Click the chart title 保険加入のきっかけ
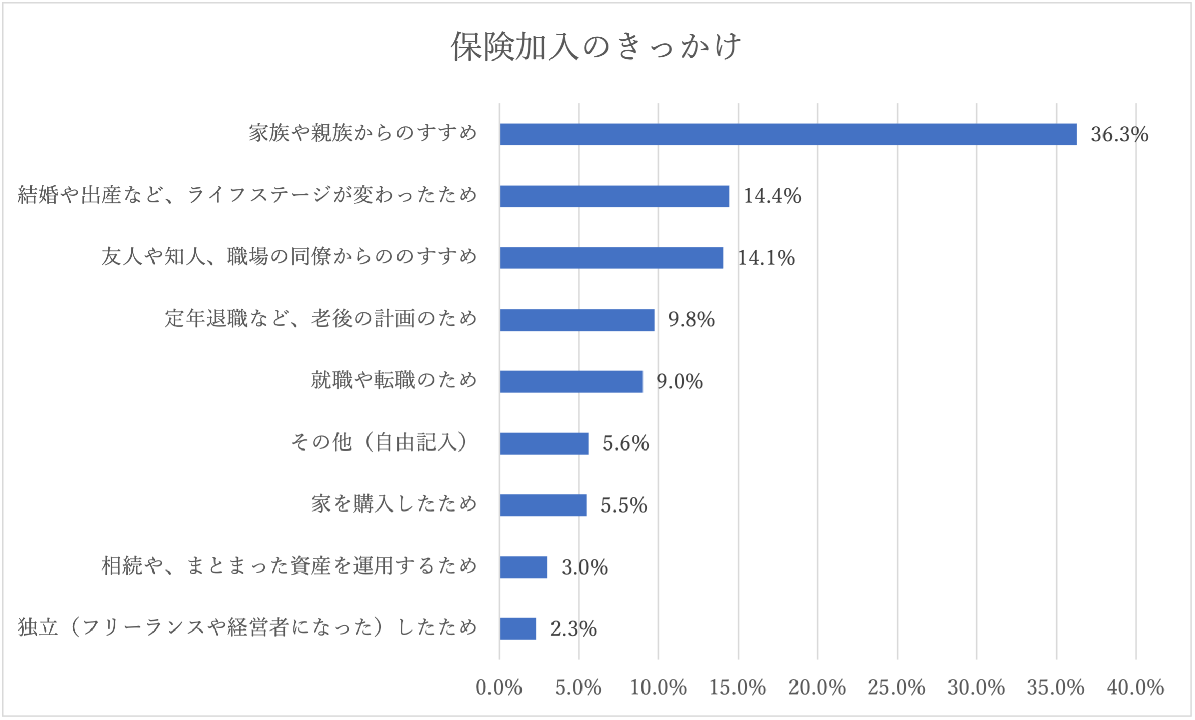point(596,46)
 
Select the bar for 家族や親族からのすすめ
point(787,134)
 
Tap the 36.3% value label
point(1119,134)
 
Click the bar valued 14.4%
point(614,196)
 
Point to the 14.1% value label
point(766,258)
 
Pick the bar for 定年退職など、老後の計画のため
point(577,320)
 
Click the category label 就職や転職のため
point(394,380)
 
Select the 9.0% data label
point(680,382)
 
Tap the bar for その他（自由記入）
point(544,443)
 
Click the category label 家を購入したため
point(394,504)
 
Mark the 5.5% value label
point(624,505)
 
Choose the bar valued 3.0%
point(523,567)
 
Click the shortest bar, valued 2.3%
point(517,629)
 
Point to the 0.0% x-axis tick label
point(499,687)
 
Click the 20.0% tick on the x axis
point(817,687)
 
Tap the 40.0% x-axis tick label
point(1136,687)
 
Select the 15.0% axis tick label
point(738,687)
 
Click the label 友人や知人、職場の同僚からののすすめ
point(289,256)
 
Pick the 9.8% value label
point(691,320)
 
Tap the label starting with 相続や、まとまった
point(289,566)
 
